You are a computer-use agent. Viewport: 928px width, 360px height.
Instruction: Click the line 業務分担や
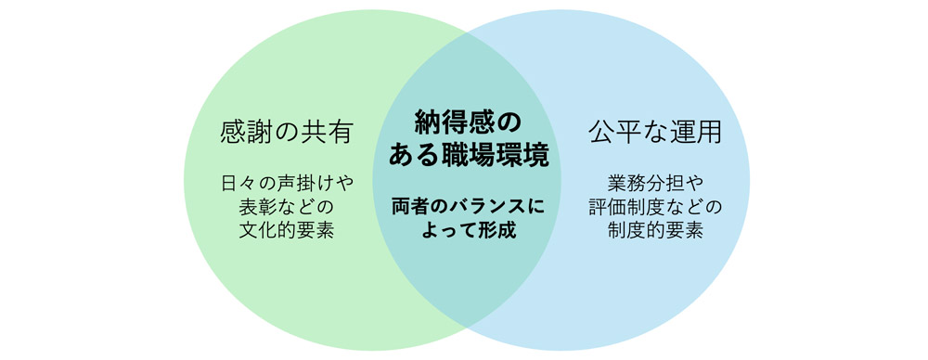pos(655,182)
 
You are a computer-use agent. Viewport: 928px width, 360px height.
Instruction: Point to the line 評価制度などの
pos(655,206)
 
